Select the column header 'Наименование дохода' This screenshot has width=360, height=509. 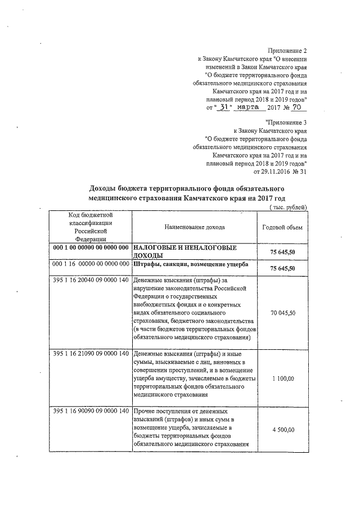click(194, 227)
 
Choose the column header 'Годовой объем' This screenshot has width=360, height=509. click(282, 227)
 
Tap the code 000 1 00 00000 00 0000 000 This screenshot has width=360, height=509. click(92, 248)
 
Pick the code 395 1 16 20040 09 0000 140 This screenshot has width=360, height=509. click(92, 281)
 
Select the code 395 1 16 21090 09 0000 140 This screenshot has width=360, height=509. click(92, 354)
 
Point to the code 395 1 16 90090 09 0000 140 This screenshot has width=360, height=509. click(92, 412)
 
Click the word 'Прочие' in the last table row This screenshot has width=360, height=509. click(146, 412)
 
